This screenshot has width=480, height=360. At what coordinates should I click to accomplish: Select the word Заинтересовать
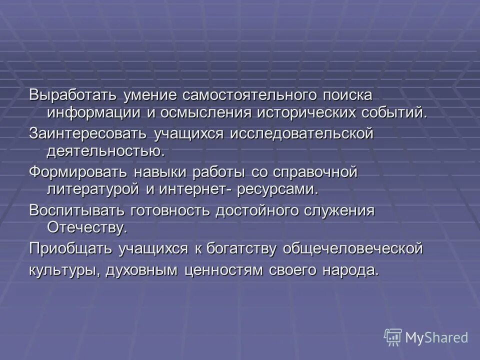87,134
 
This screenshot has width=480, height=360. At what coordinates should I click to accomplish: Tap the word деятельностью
105,150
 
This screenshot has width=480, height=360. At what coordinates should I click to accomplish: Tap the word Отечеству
87,227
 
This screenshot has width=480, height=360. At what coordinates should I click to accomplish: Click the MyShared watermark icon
393,337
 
